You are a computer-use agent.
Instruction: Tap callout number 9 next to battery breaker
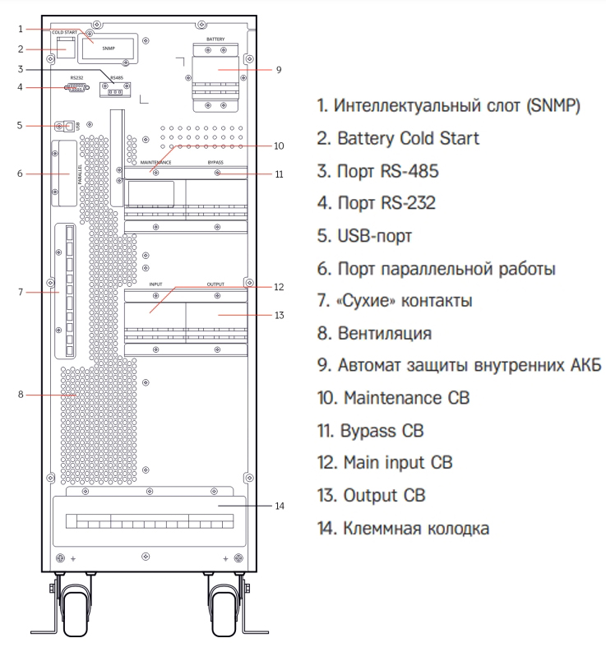[279, 70]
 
